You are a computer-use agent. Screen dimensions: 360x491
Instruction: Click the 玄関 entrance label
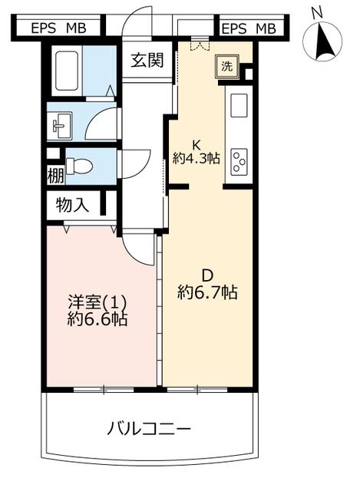point(147,60)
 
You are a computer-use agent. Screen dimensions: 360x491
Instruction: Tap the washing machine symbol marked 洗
point(227,67)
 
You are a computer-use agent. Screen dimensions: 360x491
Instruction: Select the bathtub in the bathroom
point(67,71)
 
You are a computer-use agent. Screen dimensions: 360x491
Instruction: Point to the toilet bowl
point(80,166)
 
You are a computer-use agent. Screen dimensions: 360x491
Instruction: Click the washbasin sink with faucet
point(61,126)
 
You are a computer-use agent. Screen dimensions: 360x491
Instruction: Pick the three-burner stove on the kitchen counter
point(239,162)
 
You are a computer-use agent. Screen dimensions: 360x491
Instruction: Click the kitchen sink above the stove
point(239,104)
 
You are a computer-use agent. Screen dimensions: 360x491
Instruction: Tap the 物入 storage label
point(72,205)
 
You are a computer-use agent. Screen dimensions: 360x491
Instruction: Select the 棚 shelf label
point(55,176)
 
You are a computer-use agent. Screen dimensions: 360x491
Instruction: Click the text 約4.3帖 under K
point(197,158)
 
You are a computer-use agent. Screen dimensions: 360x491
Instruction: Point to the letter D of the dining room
point(207,276)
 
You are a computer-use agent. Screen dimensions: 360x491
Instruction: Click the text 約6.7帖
point(207,293)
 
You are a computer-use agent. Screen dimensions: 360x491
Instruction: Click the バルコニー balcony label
point(149,429)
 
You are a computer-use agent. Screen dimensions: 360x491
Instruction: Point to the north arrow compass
point(322,41)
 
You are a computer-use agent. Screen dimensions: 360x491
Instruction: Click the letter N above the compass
point(317,13)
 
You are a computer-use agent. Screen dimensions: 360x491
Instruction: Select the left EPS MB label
point(58,28)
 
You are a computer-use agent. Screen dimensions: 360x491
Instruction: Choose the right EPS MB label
point(249,29)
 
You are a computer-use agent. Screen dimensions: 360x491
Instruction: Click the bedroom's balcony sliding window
point(104,389)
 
